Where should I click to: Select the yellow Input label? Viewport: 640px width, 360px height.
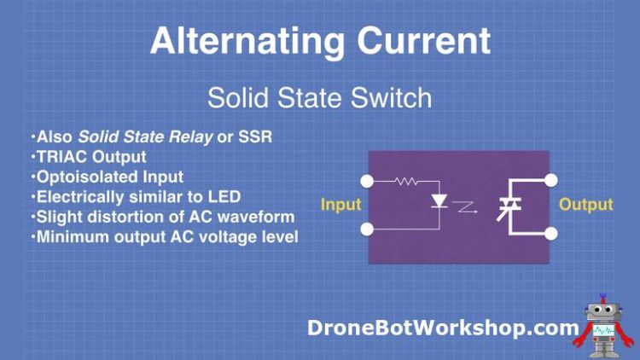click(340, 205)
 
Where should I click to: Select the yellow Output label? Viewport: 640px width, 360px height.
click(586, 205)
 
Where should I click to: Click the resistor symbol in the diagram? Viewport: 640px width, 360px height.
click(404, 181)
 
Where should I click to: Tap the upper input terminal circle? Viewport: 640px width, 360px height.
click(368, 181)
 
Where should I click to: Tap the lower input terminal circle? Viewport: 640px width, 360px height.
click(368, 229)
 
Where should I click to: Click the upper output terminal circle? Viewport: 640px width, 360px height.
click(551, 180)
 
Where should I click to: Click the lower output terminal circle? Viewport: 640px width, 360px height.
click(551, 232)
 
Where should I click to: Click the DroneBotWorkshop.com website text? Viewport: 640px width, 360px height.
click(443, 327)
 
